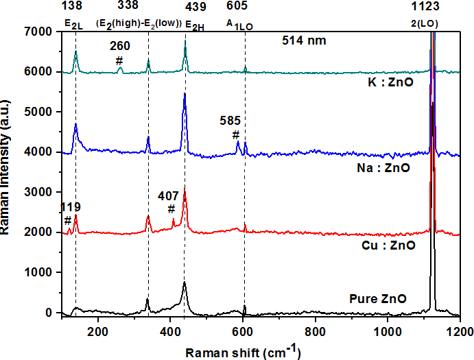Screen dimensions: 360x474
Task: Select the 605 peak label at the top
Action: point(244,5)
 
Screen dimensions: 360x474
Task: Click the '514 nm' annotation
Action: point(304,40)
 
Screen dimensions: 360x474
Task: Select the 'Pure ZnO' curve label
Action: point(378,299)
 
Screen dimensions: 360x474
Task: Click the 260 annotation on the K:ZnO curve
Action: point(120,47)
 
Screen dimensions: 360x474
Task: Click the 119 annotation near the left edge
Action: point(71,207)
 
